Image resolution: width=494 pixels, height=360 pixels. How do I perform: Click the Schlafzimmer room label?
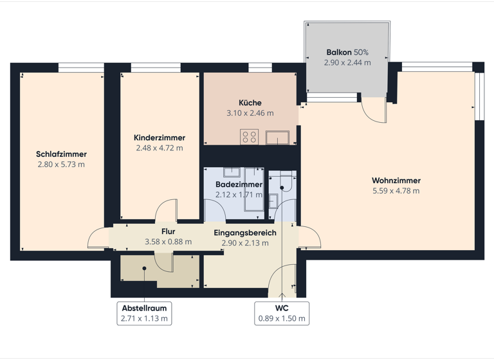coord(62,154)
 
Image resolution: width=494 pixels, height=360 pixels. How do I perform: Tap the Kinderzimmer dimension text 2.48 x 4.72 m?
coord(160,148)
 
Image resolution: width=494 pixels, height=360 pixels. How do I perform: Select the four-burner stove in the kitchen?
coord(249,137)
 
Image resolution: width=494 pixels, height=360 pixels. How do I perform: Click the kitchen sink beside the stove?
coord(279,137)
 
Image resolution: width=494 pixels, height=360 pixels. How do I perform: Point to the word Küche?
coord(250,103)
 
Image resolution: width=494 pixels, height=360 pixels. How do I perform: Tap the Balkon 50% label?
coord(347,53)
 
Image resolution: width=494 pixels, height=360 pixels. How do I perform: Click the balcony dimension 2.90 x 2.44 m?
coord(347,63)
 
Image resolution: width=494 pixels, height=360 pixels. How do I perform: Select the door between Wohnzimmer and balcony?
coord(373,111)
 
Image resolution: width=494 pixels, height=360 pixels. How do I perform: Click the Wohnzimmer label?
coord(396,181)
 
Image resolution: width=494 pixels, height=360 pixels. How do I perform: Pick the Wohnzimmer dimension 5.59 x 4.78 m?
coord(396,191)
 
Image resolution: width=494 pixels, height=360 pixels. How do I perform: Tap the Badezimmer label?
coord(239,184)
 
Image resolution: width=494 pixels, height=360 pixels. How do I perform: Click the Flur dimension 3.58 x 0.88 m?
coord(169,242)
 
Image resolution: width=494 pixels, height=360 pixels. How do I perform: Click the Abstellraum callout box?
coord(145,313)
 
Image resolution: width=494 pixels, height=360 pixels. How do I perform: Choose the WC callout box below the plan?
coord(282,313)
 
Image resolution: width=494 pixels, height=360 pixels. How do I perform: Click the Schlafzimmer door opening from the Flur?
coord(98,239)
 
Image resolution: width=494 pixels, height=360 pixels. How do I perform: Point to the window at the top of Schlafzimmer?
coord(81,66)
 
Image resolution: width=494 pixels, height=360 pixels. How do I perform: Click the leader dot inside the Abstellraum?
coord(145,268)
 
